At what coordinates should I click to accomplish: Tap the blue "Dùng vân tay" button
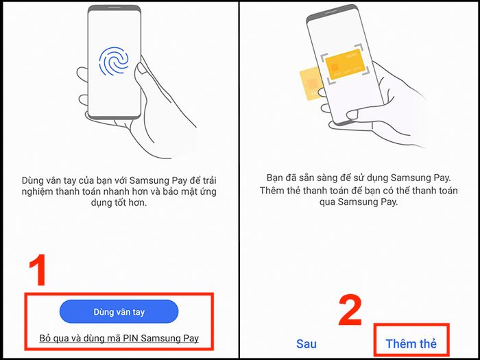pyautogui.click(x=119, y=311)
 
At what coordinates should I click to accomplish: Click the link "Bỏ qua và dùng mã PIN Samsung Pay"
pyautogui.click(x=119, y=338)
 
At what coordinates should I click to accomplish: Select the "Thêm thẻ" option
pyautogui.click(x=411, y=344)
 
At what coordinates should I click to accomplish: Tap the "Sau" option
pyautogui.click(x=306, y=344)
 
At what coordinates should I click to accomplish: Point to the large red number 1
pyautogui.click(x=38, y=270)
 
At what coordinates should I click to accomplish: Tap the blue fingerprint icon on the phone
pyautogui.click(x=114, y=61)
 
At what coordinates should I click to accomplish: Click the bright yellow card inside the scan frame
pyautogui.click(x=344, y=64)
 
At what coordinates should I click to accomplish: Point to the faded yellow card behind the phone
pyautogui.click(x=310, y=84)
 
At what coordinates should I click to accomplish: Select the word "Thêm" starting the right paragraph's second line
pyautogui.click(x=272, y=191)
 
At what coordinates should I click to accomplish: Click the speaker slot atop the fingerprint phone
pyautogui.click(x=115, y=8)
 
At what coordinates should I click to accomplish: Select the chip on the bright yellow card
pyautogui.click(x=335, y=68)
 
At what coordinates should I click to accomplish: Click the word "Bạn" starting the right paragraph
pyautogui.click(x=274, y=178)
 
